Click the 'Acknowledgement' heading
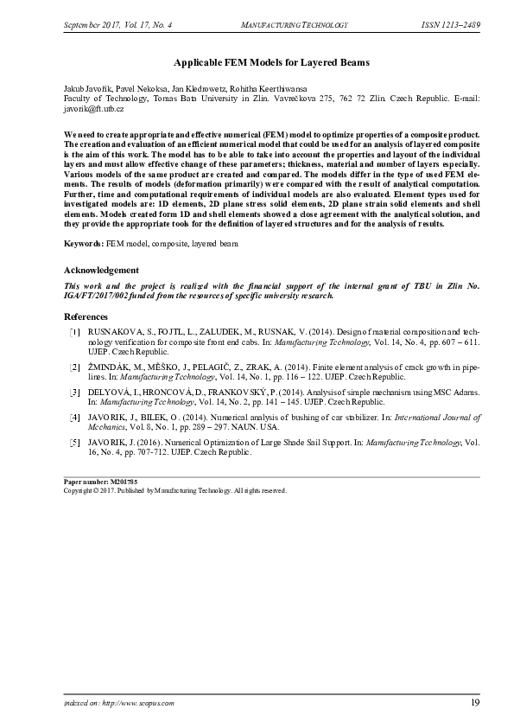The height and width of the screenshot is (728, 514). (102, 270)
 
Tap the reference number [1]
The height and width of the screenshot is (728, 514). (75, 331)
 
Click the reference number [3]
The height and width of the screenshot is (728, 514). (75, 393)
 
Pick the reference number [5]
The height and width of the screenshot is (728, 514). (75, 442)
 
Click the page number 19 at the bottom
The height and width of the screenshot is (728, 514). (475, 703)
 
